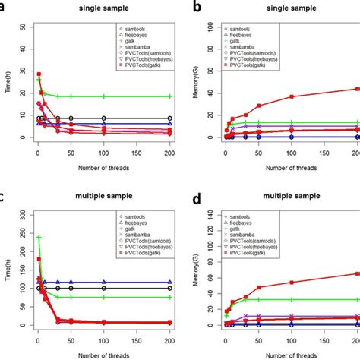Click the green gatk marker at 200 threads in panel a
[169, 96]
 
